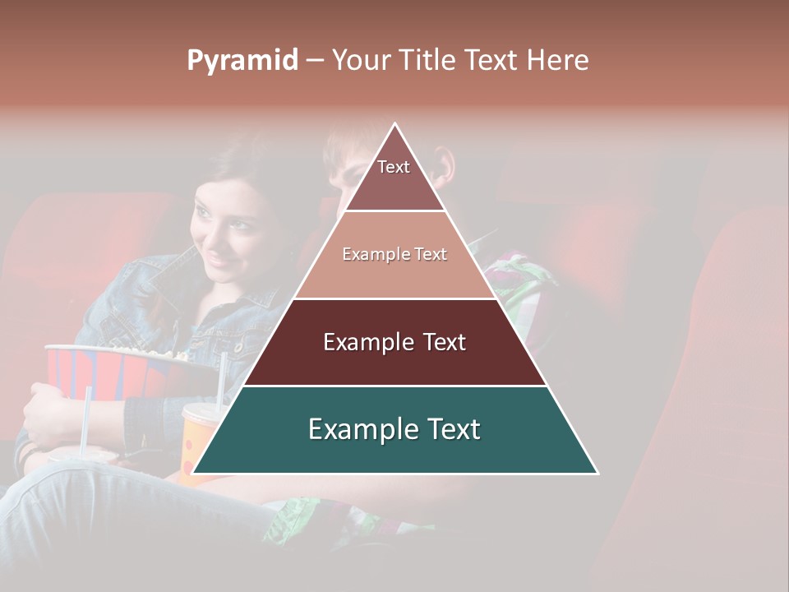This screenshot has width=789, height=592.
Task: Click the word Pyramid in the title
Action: pos(242,60)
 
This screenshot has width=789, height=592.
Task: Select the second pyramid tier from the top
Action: pos(394,255)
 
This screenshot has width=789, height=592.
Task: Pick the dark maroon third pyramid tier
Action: pos(394,342)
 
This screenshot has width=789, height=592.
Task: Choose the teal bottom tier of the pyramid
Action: pos(394,429)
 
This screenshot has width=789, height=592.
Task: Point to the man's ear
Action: pos(445,164)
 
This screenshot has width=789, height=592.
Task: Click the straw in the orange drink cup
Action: pos(221,378)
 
